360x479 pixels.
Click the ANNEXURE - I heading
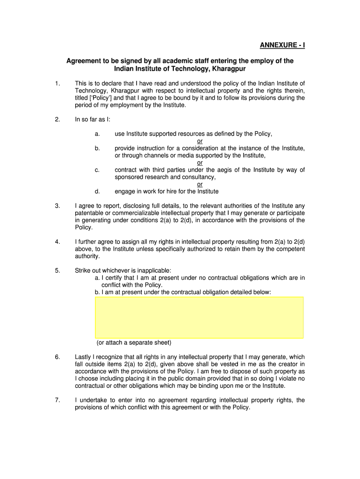(282, 45)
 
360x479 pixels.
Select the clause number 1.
(57, 84)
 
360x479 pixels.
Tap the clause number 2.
(57, 120)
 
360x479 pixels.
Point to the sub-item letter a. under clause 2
(97, 134)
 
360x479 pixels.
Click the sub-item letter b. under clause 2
(97, 148)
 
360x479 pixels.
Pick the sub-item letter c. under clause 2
(97, 170)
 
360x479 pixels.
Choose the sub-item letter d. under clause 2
(97, 191)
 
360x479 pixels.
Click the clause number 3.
(57, 206)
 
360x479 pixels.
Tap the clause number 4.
(57, 242)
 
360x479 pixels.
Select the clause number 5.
(57, 271)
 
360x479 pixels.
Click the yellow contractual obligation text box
(200, 317)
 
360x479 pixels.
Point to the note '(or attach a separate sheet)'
(134, 343)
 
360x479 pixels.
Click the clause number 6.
(57, 357)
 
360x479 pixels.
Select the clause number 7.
(57, 400)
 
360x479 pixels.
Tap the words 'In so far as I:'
(93, 120)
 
